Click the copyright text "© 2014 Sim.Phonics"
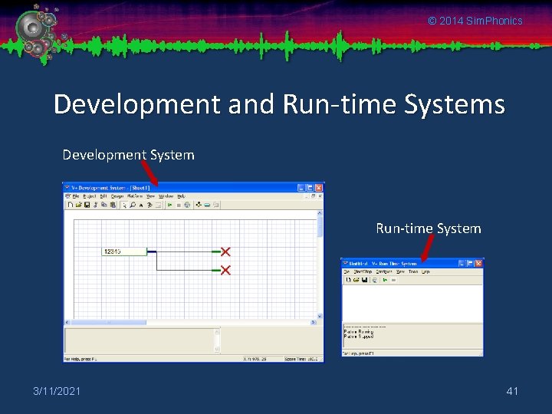point(475,21)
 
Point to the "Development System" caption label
point(128,155)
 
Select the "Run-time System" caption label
point(428,228)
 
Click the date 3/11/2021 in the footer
point(56,392)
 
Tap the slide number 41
point(512,392)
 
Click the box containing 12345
point(124,251)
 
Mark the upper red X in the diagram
point(225,251)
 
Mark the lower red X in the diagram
point(225,270)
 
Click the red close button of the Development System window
point(320,187)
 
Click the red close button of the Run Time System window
point(479,263)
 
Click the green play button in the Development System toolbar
point(169,205)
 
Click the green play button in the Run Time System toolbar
point(384,280)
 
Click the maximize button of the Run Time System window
point(471,263)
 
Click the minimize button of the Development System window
point(301,187)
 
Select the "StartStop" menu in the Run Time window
point(362,271)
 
